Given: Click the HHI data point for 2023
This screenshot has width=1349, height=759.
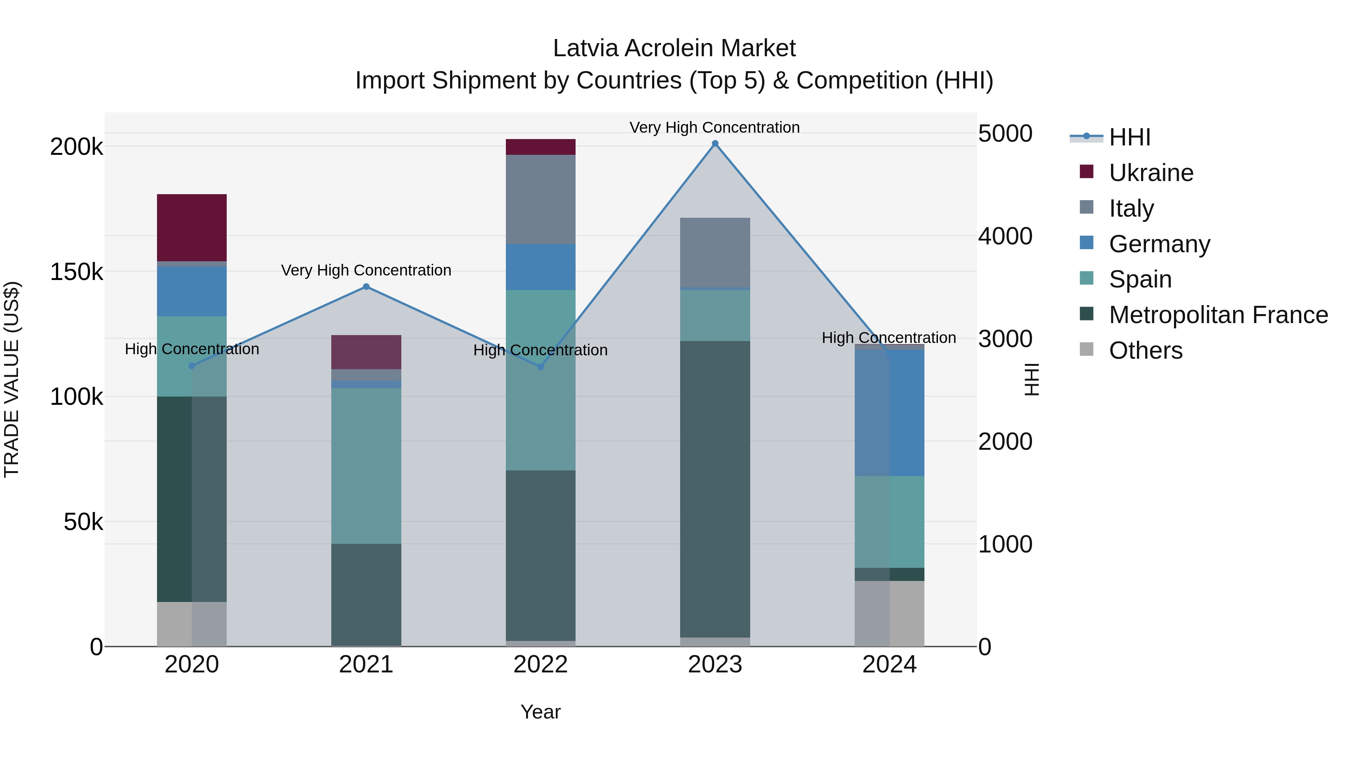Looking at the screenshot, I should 715,144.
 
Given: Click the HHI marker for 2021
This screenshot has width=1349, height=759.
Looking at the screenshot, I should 366,286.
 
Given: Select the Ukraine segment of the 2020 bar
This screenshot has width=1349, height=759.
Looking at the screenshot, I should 191,228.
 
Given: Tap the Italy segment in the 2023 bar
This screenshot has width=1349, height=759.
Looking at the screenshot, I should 715,253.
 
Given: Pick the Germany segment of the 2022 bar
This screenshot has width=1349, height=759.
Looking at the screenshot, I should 540,267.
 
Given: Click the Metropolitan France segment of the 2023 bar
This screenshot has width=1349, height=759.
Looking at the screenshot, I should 715,489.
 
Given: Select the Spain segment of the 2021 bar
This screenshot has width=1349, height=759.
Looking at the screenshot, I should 366,466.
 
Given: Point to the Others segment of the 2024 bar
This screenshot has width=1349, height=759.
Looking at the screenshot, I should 889,613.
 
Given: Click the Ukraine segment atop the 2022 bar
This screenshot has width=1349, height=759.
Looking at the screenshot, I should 540,147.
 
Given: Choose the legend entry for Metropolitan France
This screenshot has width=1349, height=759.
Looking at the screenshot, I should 1218,315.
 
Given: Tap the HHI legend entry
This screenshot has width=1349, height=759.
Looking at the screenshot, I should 1129,137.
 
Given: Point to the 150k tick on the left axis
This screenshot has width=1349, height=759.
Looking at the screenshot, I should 76,272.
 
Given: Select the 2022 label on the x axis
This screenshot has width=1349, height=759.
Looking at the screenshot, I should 540,664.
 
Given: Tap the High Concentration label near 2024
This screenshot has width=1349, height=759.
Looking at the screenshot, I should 889,338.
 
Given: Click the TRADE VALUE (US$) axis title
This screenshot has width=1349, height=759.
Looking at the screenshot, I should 12,379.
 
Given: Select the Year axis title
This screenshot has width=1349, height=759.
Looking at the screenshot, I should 540,712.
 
